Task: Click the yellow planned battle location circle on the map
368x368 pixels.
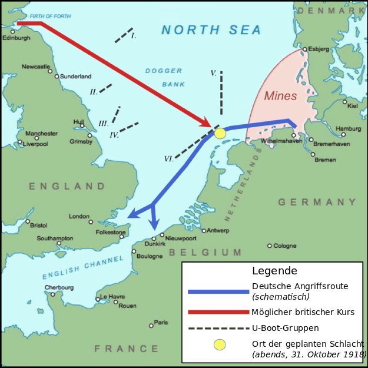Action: coord(220,134)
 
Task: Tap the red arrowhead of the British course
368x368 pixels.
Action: coord(207,124)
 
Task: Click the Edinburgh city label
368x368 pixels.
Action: coord(16,38)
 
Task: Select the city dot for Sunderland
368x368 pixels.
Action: coord(57,76)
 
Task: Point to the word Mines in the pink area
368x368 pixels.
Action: coord(280,95)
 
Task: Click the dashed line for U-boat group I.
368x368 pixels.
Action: coord(124,35)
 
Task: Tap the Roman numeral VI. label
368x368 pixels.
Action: coord(169,158)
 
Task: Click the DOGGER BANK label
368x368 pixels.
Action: coord(165,78)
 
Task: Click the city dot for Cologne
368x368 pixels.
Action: coord(269,246)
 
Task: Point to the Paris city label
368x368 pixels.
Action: coord(161,322)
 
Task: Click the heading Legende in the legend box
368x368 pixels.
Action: coord(274,271)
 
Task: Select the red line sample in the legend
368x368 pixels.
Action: coord(218,312)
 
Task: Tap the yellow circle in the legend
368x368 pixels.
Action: coord(219,344)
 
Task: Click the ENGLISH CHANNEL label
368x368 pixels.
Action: coord(82,267)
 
